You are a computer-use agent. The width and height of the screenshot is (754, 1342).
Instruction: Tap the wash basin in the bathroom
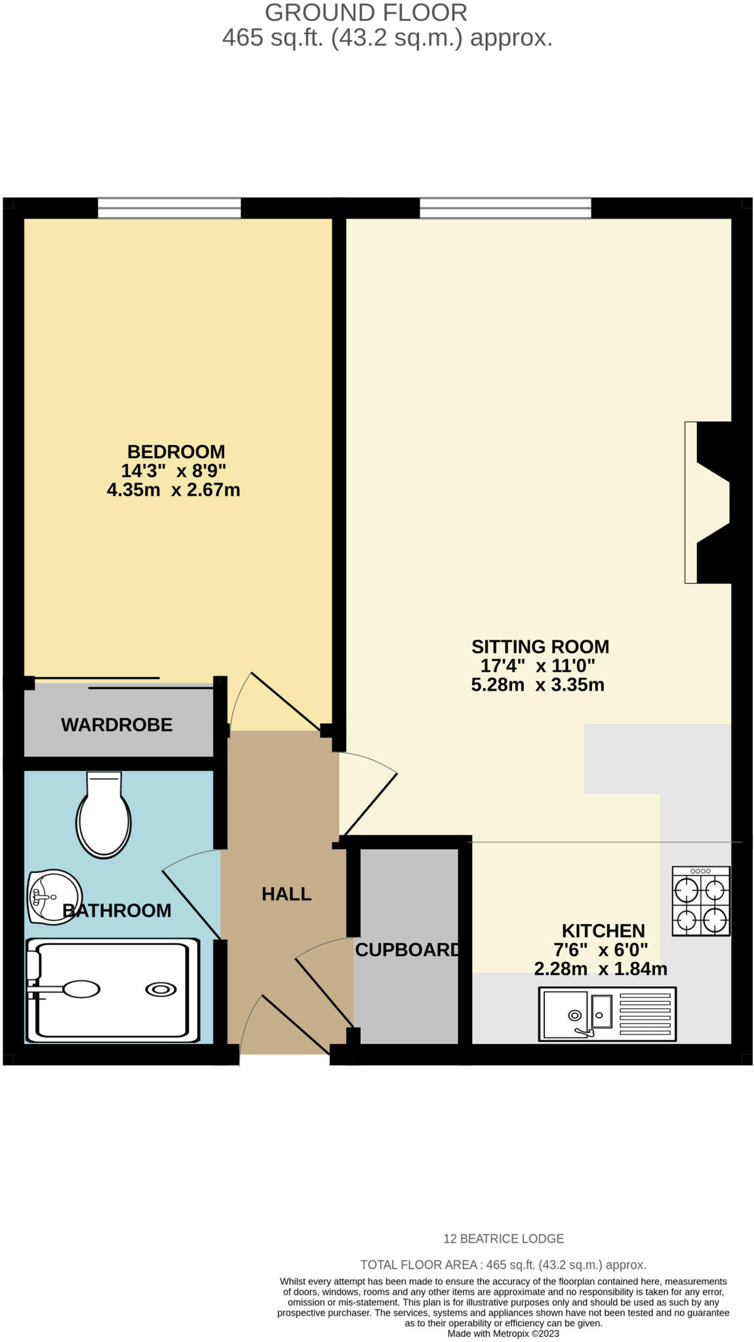pos(54,896)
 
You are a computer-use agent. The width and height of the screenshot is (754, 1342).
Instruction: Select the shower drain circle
pos(161,989)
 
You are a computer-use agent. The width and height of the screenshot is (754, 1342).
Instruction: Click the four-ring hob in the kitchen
pos(700,900)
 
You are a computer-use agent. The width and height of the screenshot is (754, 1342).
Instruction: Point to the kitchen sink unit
pos(606,1014)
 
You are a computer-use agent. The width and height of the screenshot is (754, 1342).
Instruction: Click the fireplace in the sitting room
pos(708,502)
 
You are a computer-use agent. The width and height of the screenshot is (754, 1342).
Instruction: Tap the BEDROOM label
pos(176,451)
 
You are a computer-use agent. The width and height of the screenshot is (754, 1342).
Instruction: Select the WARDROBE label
pos(117,725)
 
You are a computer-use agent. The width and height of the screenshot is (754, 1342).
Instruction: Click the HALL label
pos(286,894)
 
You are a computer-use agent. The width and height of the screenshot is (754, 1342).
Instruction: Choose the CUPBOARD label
pos(407,949)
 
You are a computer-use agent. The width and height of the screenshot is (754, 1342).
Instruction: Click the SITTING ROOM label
pos(540,647)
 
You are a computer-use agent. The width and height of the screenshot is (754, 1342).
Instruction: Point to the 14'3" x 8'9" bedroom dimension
pos(173,470)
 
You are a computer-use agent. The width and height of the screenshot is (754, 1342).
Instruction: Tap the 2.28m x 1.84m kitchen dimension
pos(601,968)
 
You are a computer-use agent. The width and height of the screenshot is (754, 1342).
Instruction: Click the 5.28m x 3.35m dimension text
pos(538,685)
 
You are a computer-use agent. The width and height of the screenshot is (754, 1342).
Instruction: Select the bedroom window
pos(169,208)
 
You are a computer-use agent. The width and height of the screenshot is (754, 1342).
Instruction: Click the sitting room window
pos(505,208)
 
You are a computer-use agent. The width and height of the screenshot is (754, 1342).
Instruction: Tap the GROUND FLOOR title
pos(366,12)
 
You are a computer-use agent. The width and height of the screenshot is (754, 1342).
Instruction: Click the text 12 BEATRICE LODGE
pos(504,1238)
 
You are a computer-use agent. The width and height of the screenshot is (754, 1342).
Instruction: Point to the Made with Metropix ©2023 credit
pos(503,1333)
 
